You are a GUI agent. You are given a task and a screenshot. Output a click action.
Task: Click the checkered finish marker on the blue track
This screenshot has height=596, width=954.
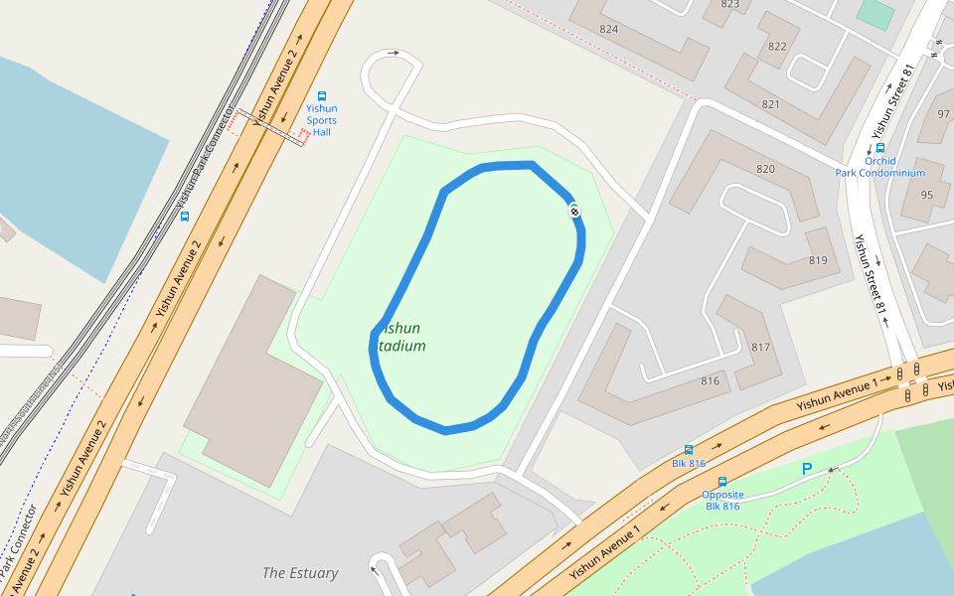[x=574, y=210]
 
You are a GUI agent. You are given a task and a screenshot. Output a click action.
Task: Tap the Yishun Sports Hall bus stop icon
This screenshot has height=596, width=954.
[x=321, y=96]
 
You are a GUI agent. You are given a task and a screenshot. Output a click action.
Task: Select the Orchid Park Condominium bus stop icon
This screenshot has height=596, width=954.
[x=880, y=148]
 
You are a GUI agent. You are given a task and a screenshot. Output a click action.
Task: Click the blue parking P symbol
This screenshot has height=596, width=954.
[x=807, y=468]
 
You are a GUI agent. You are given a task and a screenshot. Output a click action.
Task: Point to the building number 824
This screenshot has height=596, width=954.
[x=609, y=29]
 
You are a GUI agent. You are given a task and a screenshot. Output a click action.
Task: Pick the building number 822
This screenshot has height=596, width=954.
[x=777, y=47]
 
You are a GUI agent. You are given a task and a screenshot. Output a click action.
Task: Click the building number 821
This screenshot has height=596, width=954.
[x=770, y=104]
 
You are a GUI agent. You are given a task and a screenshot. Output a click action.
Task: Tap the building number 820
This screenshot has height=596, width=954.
[x=765, y=169]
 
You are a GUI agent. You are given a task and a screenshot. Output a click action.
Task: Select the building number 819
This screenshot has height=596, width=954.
[x=818, y=260]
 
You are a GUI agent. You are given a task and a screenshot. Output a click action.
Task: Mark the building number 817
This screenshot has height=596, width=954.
[x=760, y=347]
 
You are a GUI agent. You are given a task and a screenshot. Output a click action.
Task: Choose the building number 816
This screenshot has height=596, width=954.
[x=710, y=381]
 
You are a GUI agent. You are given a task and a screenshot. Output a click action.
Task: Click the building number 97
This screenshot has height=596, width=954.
[x=943, y=114]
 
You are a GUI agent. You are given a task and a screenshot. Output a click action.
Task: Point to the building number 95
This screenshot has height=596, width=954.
[x=927, y=195]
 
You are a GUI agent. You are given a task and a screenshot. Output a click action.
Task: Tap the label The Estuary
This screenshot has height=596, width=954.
[x=300, y=573]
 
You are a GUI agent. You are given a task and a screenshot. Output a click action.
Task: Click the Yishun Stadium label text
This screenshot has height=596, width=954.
[x=401, y=337]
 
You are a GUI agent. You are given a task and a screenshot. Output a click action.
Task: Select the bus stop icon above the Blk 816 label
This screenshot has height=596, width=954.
[x=689, y=450]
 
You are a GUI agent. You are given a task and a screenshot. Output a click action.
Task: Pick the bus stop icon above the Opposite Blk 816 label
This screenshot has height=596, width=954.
[x=722, y=481]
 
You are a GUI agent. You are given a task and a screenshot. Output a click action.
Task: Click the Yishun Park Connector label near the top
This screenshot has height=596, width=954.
[x=209, y=164]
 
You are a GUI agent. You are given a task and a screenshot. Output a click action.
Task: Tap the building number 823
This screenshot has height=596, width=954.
[x=730, y=4]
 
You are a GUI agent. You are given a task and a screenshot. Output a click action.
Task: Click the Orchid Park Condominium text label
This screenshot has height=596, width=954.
[x=879, y=167]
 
